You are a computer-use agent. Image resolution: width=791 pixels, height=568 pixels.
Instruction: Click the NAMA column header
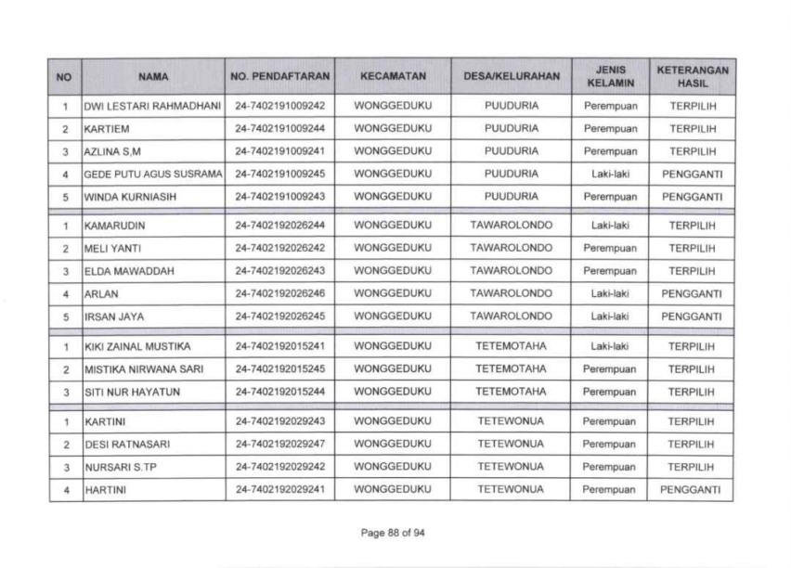[x=153, y=77]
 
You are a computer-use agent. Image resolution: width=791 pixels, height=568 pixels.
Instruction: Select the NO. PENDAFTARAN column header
[x=279, y=77]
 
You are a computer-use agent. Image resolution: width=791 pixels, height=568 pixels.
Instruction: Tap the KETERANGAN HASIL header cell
[x=693, y=77]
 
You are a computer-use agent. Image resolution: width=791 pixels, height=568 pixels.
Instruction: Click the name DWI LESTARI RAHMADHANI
[x=153, y=107]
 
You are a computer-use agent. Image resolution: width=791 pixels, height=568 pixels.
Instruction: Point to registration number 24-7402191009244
[x=279, y=128]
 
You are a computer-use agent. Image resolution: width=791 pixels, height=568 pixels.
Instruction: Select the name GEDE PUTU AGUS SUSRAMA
[x=153, y=174]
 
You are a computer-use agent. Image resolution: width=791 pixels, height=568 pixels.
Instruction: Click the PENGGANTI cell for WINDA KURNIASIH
[x=693, y=196]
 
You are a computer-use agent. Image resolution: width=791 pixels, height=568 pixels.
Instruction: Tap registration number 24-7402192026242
[x=279, y=248]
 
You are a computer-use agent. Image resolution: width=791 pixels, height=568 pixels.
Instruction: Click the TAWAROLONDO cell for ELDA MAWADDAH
[x=512, y=270]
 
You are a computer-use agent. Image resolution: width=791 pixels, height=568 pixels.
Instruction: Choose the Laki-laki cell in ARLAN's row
[x=610, y=293]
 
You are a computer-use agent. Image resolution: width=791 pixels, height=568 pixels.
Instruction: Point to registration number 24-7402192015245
[x=279, y=368]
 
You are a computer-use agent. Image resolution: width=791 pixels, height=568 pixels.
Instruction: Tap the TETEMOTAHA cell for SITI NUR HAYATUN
[x=512, y=391]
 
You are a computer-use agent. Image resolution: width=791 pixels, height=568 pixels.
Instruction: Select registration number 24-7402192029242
[x=279, y=466]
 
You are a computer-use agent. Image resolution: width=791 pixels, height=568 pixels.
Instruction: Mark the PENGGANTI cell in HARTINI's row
[x=693, y=488]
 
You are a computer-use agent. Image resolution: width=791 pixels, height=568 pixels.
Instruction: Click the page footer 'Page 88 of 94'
[x=396, y=533]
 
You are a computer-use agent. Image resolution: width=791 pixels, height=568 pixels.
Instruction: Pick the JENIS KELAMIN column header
[x=610, y=77]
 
